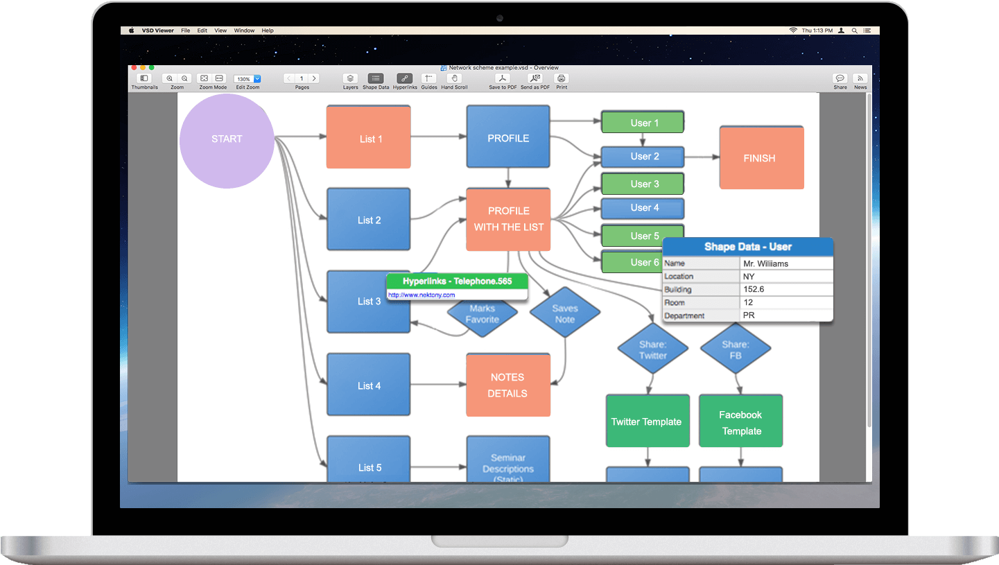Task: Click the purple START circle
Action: pos(227,141)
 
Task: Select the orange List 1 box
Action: pos(368,137)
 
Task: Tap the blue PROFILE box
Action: pos(507,137)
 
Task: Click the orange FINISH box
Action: pos(761,158)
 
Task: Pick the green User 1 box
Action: pos(642,123)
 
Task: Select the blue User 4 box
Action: pos(642,208)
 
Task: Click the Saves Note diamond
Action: pos(564,313)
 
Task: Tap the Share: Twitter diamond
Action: pos(652,349)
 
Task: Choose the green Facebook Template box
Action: pos(740,422)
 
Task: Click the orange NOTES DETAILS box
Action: pos(507,385)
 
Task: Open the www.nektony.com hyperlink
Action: pos(421,295)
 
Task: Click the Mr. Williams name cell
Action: pos(785,263)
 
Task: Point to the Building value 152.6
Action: pos(785,289)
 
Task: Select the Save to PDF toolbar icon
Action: pos(503,79)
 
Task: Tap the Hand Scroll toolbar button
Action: pos(454,79)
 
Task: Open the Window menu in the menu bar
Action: pos(244,31)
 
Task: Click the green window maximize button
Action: pos(152,68)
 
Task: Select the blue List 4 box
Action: pos(368,385)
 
